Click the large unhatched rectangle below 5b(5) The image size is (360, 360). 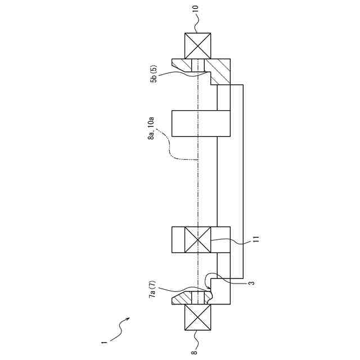(x=201, y=123)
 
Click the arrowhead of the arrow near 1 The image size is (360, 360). (x=130, y=319)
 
